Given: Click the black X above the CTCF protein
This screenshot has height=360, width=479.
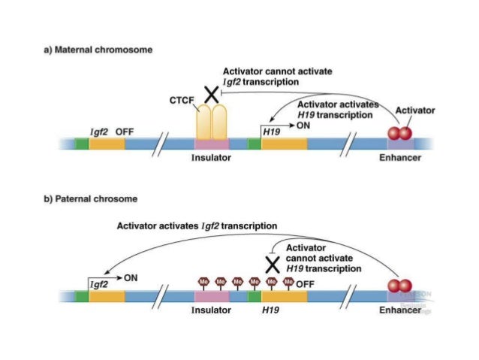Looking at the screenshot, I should click(212, 94).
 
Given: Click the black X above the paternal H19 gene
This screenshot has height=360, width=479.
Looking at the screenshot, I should click(273, 264).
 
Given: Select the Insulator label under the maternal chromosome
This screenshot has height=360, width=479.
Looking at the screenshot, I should click(211, 158).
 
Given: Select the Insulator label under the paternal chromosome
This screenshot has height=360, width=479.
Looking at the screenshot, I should click(214, 310).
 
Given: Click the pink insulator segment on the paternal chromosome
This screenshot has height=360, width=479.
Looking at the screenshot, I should click(212, 297).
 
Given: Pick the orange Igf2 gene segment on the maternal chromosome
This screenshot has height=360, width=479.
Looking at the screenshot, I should click(107, 144).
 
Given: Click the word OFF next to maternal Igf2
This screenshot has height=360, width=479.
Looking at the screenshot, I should click(125, 131).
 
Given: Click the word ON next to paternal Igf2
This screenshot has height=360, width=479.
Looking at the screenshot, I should click(131, 277).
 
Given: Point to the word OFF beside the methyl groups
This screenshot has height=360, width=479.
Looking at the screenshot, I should click(305, 284).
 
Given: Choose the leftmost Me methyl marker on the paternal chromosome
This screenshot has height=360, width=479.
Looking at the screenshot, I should click(202, 282).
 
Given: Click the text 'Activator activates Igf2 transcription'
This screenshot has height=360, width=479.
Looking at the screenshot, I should click(197, 225).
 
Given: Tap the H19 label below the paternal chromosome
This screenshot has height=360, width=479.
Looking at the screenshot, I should click(270, 310).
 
